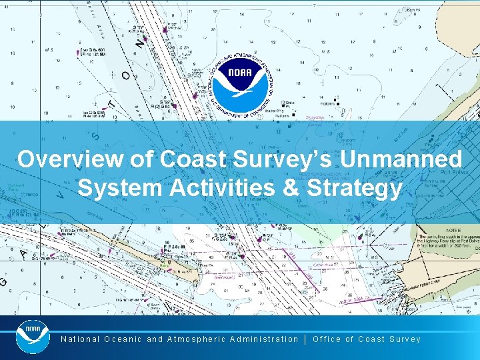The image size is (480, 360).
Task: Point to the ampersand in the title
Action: (289, 187)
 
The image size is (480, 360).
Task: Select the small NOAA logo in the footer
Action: (33, 336)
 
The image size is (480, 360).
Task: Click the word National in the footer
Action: (80, 339)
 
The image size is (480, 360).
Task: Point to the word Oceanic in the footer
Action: (123, 339)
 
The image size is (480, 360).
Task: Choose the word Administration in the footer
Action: (264, 339)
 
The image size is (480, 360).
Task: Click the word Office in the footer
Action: (327, 339)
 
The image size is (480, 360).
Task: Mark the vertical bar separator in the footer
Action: (305, 339)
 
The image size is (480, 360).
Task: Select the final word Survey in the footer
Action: (405, 339)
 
